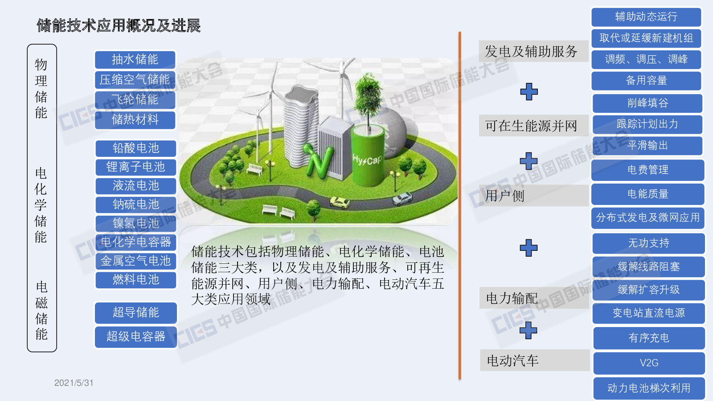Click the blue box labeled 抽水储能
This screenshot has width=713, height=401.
pos(135,60)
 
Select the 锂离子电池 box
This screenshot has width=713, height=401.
pos(136,167)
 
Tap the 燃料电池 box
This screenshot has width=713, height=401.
pos(136,280)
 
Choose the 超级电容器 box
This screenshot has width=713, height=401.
pos(136,337)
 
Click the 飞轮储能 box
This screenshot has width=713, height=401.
pos(135,100)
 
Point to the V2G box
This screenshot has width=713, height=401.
pos(649,363)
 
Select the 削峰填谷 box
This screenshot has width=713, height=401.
pos(647,103)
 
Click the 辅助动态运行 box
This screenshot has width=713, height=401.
pos(646,17)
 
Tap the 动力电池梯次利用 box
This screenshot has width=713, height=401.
pos(649,388)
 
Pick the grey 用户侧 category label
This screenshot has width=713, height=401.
pos(534,196)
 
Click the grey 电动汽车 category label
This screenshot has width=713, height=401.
pos(535,360)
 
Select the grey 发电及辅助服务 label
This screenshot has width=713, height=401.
pos(533,51)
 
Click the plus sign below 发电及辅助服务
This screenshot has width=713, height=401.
pos(529,92)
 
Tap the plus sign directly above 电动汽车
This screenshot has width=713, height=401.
pos(529,330)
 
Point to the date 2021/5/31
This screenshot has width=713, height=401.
pos(74,383)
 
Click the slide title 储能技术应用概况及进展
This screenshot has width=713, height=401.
pos(119,25)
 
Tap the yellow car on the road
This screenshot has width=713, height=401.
pos(340,202)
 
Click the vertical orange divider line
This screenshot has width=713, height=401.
pos(459,205)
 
